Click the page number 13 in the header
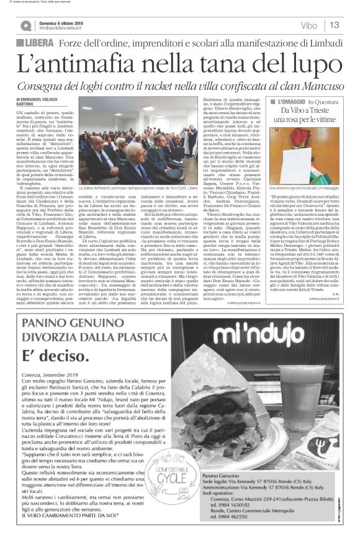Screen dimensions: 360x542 [334, 25]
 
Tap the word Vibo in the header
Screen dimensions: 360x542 [308, 26]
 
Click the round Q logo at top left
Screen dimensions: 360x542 [25, 25]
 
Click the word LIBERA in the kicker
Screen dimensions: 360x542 [38, 42]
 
